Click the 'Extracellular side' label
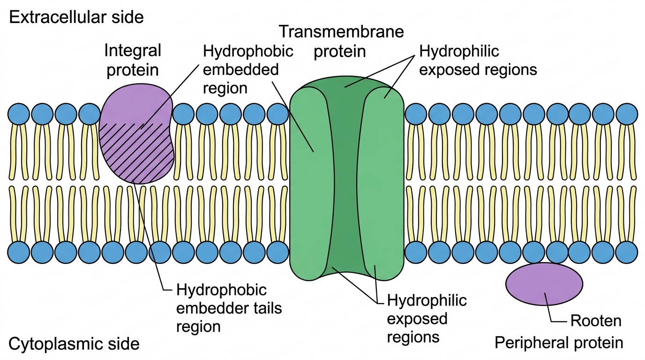pyautogui.click(x=76, y=17)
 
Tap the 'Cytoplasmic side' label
pyautogui.click(x=74, y=344)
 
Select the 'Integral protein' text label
pyautogui.click(x=133, y=60)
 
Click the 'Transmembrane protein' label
pyautogui.click(x=342, y=41)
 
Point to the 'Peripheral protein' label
pyautogui.click(x=559, y=343)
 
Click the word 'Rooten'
pyautogui.click(x=596, y=321)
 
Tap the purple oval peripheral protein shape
pyautogui.click(x=544, y=284)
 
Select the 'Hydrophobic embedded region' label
pyautogui.click(x=248, y=69)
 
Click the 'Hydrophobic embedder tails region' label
pyautogui.click(x=229, y=308)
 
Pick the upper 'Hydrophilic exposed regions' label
pyautogui.click(x=478, y=60)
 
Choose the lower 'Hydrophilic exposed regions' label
pyautogui.click(x=427, y=318)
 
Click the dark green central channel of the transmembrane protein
pyautogui.click(x=345, y=179)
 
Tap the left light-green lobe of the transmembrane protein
pyautogui.click(x=311, y=184)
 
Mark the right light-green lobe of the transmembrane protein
pyautogui.click(x=382, y=184)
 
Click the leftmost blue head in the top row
pyautogui.click(x=19, y=114)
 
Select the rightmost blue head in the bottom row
pyautogui.click(x=627, y=252)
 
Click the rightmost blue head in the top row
pyautogui.click(x=627, y=114)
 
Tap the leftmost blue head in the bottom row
pyautogui.click(x=19, y=252)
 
